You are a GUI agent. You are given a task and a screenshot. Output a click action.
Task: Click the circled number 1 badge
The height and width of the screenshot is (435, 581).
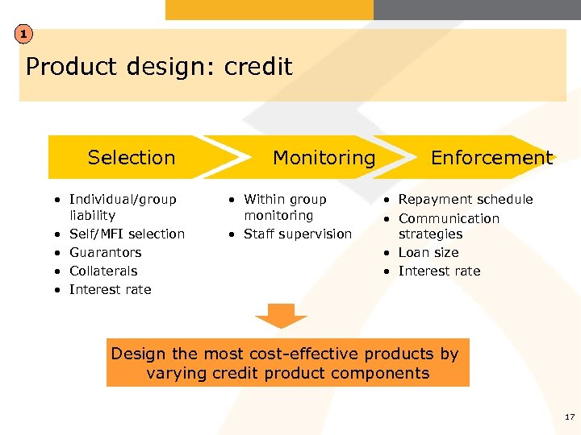[x=25, y=34]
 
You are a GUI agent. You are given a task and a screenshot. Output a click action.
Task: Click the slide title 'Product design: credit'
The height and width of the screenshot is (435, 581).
[x=159, y=66]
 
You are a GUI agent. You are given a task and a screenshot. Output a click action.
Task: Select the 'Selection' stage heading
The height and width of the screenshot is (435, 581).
[x=131, y=157]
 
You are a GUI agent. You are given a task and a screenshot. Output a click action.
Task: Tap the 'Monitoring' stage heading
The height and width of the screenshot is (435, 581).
[x=324, y=157]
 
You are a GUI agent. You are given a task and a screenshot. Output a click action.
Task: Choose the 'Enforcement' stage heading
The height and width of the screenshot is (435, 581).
[x=491, y=157]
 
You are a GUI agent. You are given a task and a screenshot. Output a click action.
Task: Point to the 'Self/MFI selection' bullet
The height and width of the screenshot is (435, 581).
[x=127, y=234]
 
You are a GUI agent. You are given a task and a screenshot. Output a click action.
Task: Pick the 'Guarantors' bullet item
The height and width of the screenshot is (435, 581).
[x=105, y=252]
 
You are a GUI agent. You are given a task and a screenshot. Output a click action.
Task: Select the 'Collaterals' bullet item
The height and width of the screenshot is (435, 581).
[x=103, y=271]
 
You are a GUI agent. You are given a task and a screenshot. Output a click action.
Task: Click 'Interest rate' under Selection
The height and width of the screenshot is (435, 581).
[x=110, y=289]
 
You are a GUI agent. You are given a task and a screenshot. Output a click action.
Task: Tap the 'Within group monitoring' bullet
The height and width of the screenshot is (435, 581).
[x=284, y=207]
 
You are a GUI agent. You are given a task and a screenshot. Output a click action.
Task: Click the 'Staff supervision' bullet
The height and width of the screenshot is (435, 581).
[x=298, y=234]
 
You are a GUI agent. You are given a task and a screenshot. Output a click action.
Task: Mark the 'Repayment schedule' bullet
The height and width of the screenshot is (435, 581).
[x=465, y=199]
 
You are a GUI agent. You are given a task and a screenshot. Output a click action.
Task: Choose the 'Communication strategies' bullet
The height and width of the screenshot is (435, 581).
[x=448, y=226]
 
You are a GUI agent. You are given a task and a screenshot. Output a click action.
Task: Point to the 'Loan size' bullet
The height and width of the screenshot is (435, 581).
[x=428, y=252]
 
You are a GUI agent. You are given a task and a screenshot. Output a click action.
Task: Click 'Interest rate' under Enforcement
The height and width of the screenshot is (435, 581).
[x=439, y=271]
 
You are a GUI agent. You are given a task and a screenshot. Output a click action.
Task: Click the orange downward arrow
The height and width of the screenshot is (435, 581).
[x=282, y=315]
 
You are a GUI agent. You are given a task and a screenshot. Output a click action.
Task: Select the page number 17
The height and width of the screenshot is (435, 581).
[x=570, y=416]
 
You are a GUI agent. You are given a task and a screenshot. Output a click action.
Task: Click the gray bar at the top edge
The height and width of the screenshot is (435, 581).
[x=477, y=9]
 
